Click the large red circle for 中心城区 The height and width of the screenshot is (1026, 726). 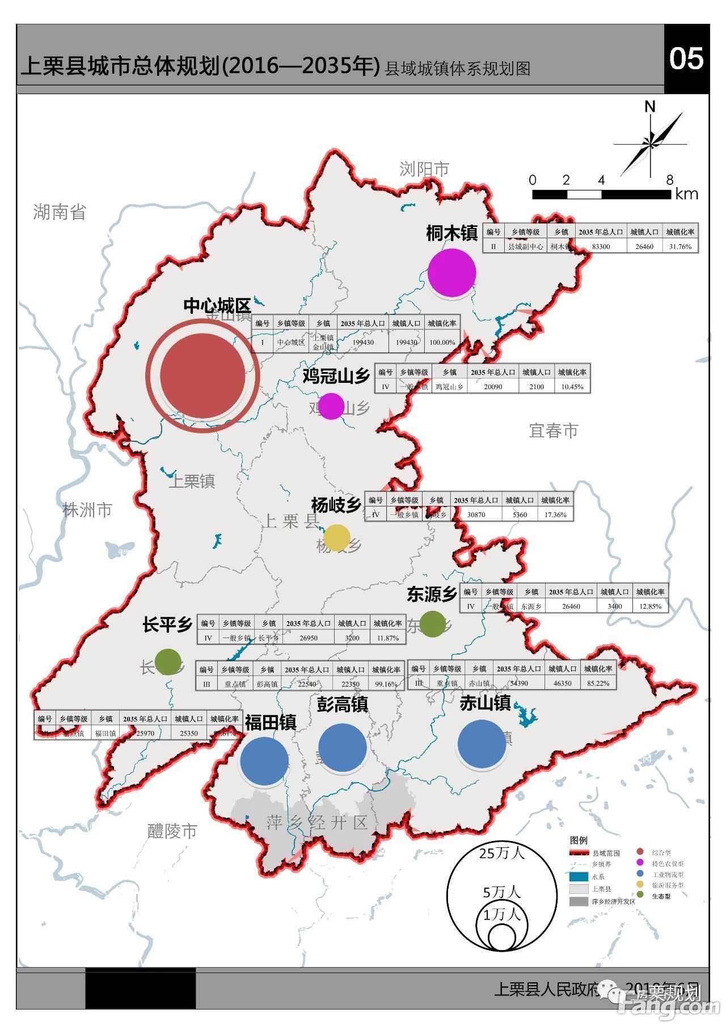pos(202,375)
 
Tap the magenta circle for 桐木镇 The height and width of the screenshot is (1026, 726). pos(451,272)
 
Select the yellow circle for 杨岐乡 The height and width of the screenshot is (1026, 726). pos(336,538)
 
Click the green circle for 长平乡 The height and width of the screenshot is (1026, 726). pos(168,662)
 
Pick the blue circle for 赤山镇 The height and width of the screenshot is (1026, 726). pos(482,744)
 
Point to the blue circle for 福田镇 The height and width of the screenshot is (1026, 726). pos(264,761)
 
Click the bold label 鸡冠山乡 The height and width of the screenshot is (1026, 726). pos(336,375)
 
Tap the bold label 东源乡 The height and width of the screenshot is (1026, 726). pos(432,594)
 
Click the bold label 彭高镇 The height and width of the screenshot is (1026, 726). pos(342,704)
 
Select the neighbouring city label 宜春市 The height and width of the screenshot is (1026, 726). pos(554,430)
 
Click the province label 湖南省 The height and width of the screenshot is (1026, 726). pos(60,212)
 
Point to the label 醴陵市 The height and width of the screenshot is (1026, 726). pos(172,831)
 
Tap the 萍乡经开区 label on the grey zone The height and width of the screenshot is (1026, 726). pos(317,822)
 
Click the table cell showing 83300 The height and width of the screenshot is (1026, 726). pos(601,247)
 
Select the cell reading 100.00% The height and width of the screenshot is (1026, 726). pos(442,342)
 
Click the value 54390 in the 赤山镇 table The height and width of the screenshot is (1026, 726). pos(518,683)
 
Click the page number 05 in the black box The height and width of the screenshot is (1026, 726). pos(686,58)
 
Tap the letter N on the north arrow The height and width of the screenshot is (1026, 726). pos(650,107)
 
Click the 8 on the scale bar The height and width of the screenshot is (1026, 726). pos(670,180)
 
